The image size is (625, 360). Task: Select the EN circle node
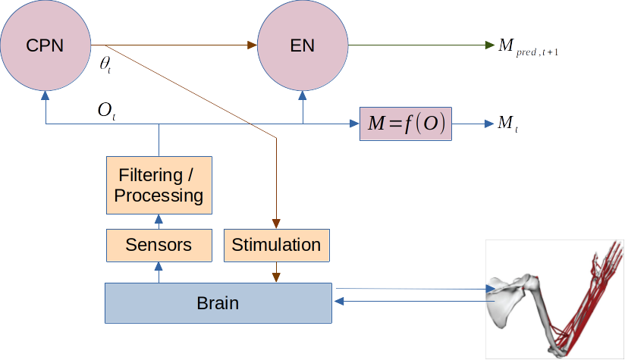click(x=303, y=45)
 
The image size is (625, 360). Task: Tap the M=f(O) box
click(x=405, y=124)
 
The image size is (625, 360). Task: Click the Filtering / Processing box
click(x=159, y=186)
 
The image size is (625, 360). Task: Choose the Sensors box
click(x=159, y=245)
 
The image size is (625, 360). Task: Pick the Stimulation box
click(x=276, y=245)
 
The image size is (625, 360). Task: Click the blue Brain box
click(x=218, y=303)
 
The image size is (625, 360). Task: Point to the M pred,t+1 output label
click(x=528, y=47)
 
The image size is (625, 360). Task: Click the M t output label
click(x=507, y=124)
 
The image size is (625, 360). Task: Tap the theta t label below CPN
click(x=105, y=64)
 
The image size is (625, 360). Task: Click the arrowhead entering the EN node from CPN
click(x=253, y=45)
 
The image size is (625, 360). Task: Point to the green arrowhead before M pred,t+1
click(x=489, y=45)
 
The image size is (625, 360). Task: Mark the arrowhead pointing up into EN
click(x=303, y=95)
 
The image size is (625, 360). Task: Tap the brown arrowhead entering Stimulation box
click(x=276, y=224)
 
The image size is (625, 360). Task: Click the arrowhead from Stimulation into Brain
click(x=276, y=277)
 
